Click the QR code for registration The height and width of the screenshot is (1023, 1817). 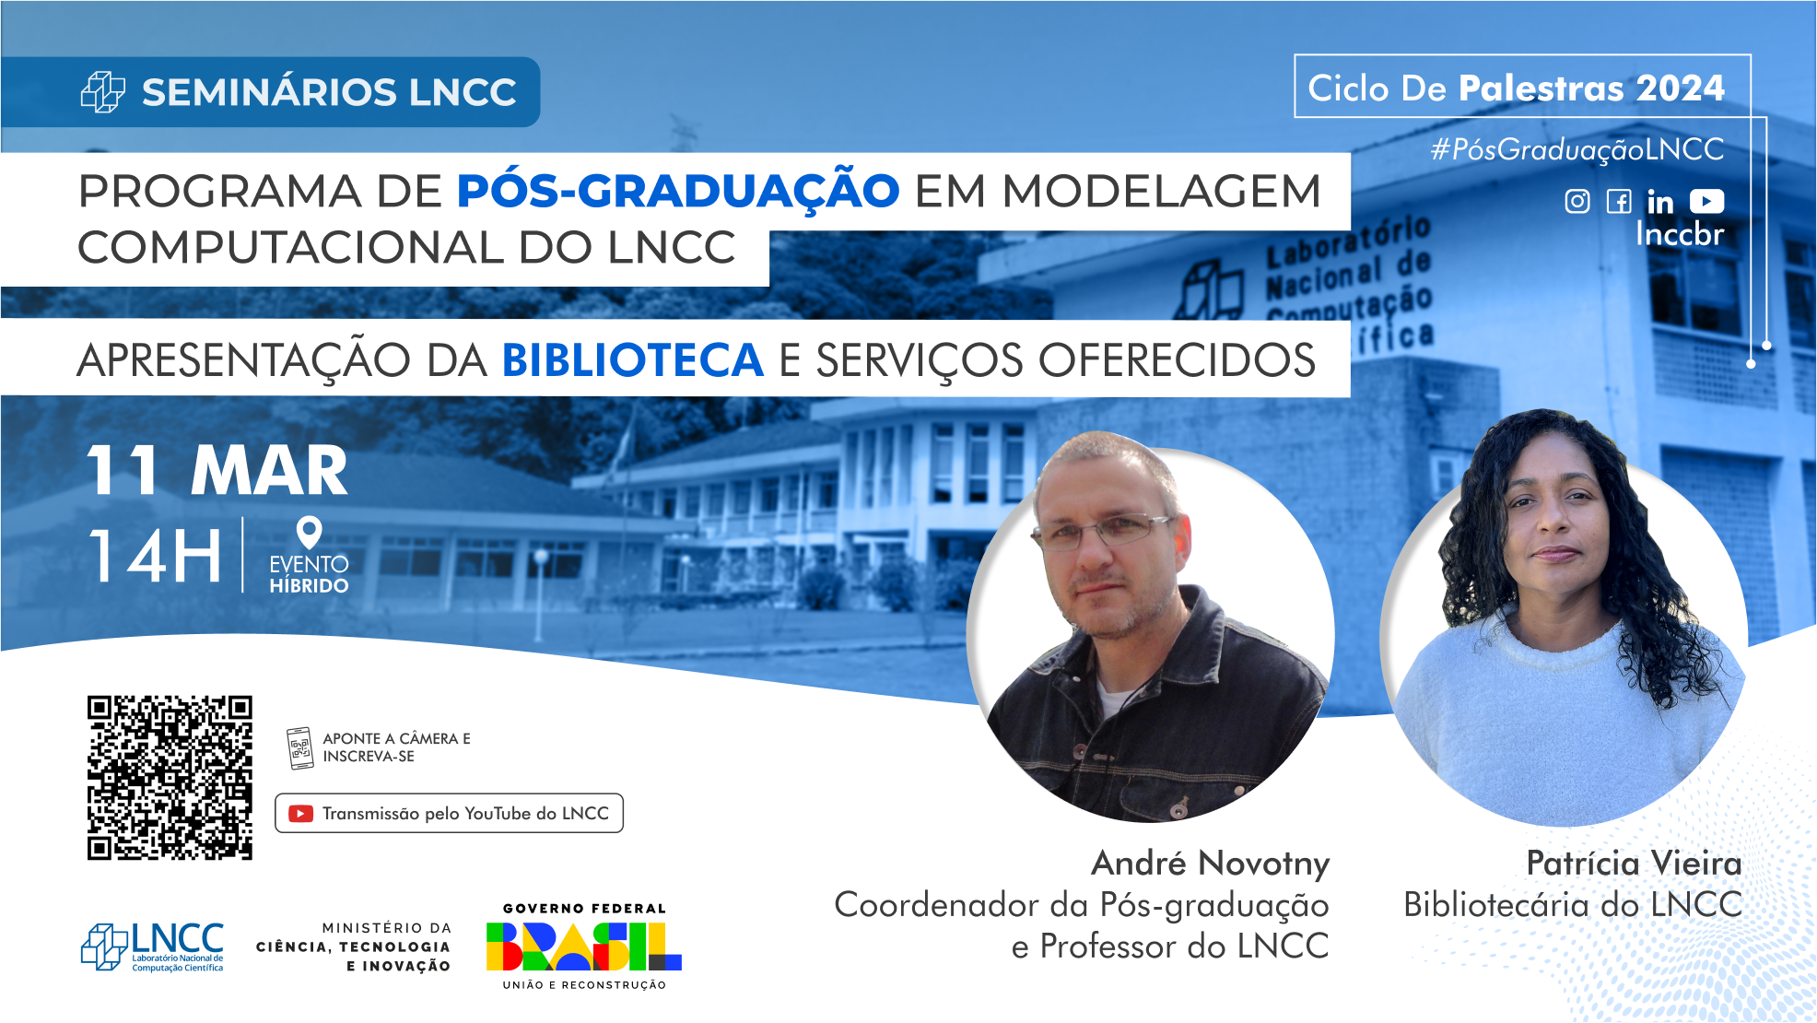click(170, 778)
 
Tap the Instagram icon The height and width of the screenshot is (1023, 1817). click(1577, 201)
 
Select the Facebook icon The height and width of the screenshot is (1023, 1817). click(1619, 201)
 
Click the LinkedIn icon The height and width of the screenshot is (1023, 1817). click(1660, 201)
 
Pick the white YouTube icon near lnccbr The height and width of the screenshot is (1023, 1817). click(1707, 201)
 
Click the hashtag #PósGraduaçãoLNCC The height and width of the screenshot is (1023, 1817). click(1577, 149)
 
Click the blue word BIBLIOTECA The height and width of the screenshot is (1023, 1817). click(633, 359)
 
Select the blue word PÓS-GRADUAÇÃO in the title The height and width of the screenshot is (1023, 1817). click(678, 192)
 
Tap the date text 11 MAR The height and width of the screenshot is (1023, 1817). click(217, 471)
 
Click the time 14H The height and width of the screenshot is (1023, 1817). click(156, 556)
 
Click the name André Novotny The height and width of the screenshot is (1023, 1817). click(1211, 864)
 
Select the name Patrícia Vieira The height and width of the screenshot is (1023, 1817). click(1634, 864)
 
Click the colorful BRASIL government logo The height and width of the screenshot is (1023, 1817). click(584, 947)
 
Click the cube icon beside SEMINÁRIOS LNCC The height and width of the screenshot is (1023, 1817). click(103, 92)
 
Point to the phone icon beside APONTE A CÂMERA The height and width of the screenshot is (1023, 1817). click(299, 748)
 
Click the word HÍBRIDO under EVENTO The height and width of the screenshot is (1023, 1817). click(309, 585)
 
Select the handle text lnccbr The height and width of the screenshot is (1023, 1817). click(1680, 234)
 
